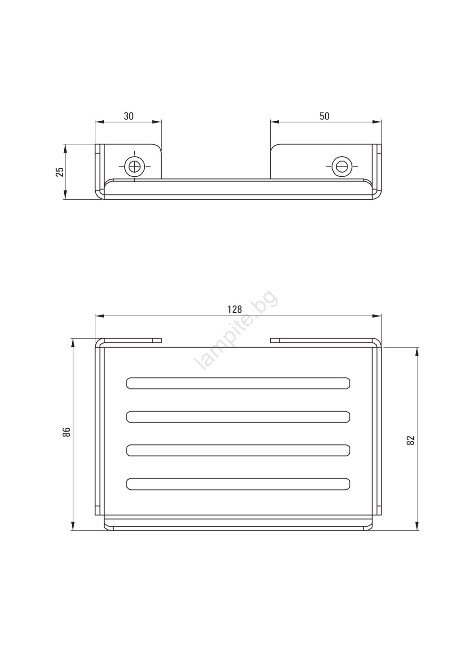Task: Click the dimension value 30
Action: point(129,116)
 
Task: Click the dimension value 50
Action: point(324,116)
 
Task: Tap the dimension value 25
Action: point(60,172)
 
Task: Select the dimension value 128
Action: point(235,310)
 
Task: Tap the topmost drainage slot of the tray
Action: point(238,383)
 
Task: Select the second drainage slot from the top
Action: point(238,417)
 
